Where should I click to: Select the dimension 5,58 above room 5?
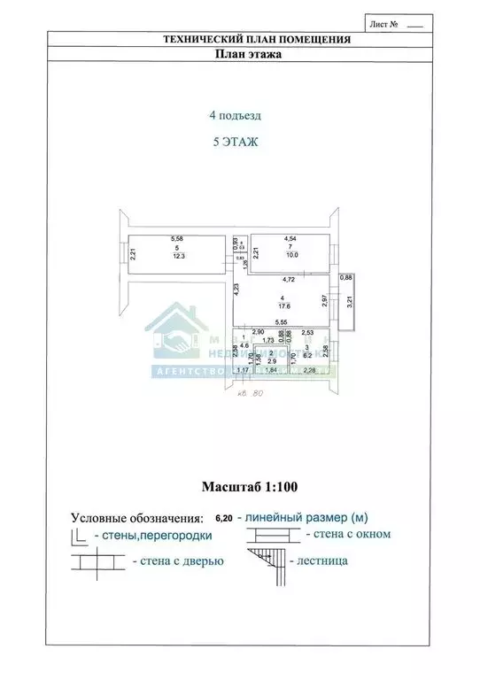tap(177, 238)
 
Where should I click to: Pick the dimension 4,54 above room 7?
tap(290, 238)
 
